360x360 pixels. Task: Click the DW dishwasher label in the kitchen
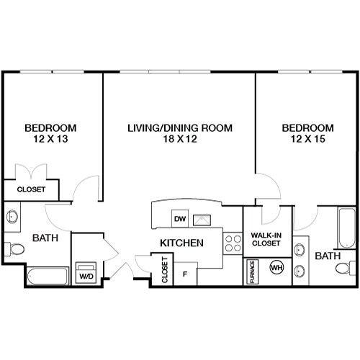pyautogui.click(x=179, y=219)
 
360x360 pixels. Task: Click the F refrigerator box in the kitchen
pyautogui.click(x=185, y=274)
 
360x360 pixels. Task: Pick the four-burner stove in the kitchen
pyautogui.click(x=233, y=243)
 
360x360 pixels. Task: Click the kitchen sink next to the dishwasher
pyautogui.click(x=204, y=219)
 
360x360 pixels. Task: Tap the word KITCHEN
pyautogui.click(x=180, y=243)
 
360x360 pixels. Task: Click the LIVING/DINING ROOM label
pyautogui.click(x=179, y=128)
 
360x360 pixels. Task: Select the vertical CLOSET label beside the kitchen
pyautogui.click(x=165, y=269)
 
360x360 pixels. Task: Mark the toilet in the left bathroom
pyautogui.click(x=14, y=249)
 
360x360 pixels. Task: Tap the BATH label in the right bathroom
pyautogui.click(x=327, y=256)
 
